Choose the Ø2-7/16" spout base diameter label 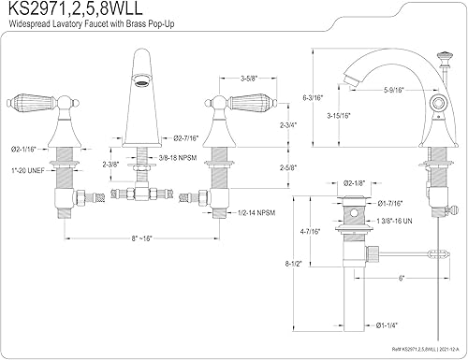(178, 138)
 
